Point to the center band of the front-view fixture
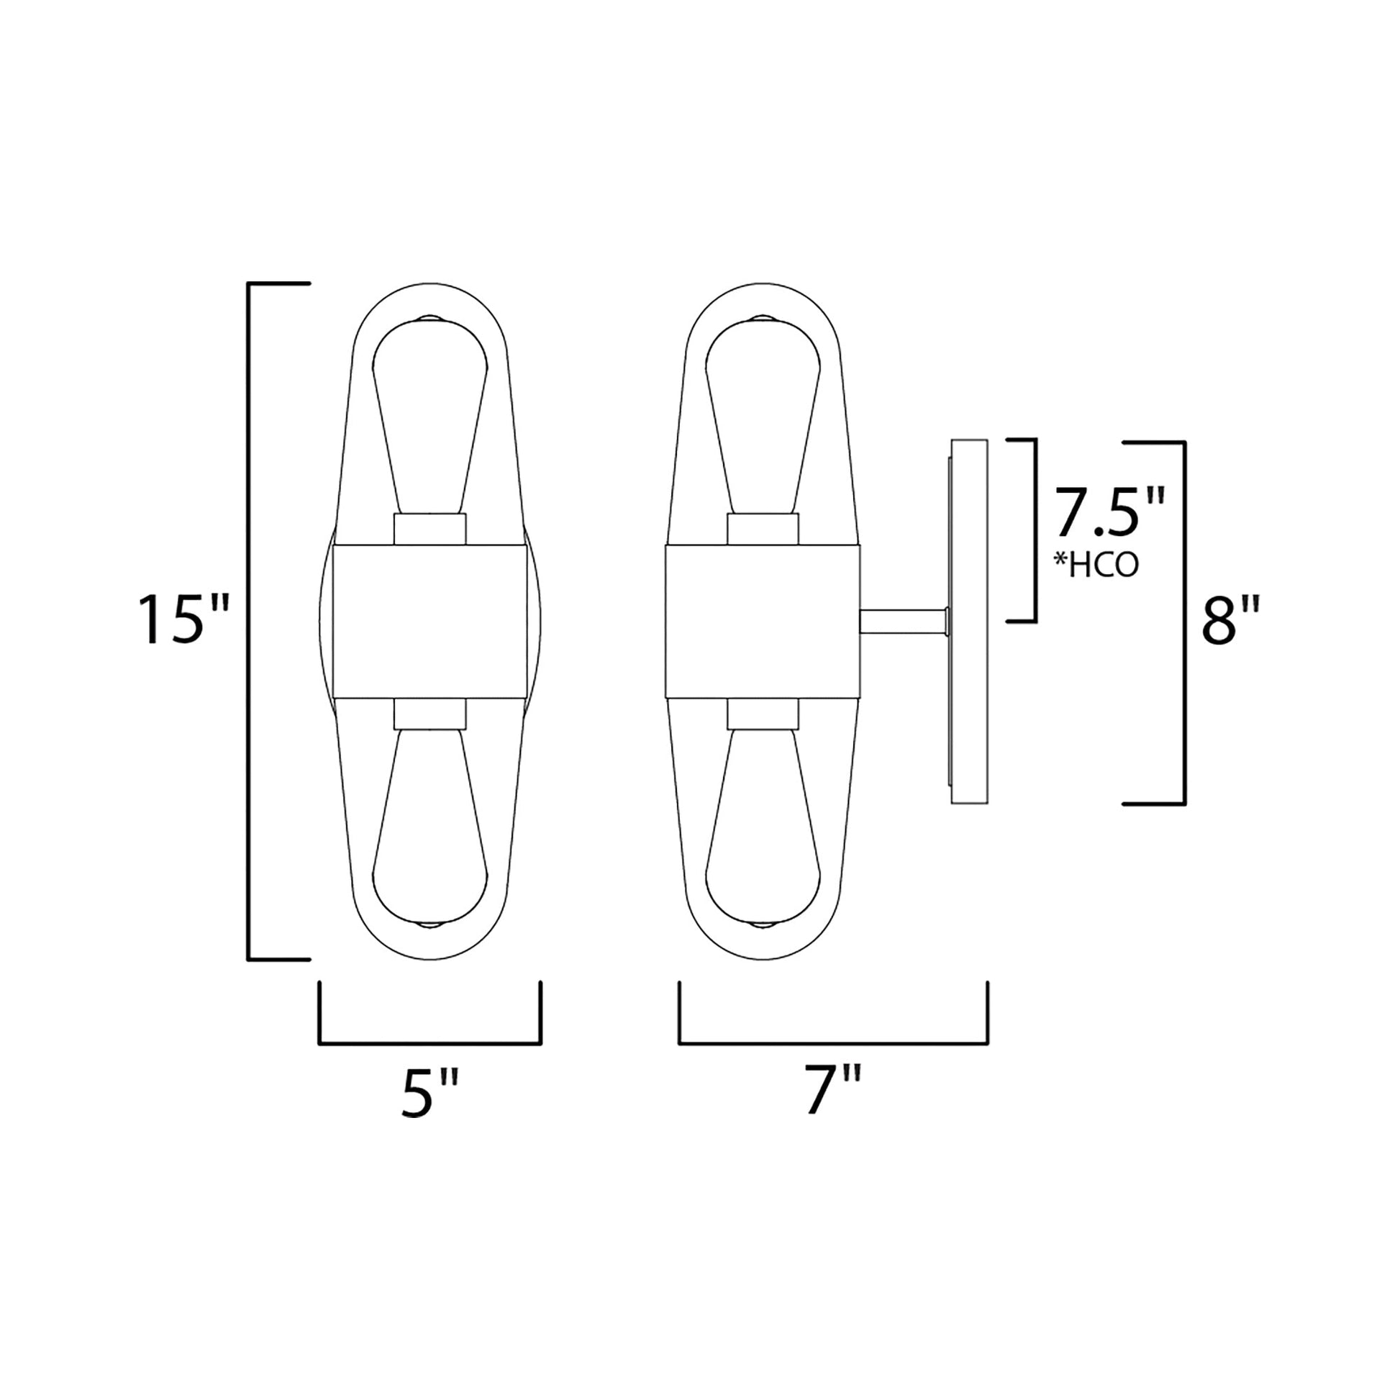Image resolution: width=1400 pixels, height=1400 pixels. (429, 620)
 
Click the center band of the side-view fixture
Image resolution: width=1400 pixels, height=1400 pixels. (763, 620)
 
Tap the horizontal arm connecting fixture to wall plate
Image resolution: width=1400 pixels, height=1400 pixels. (902, 621)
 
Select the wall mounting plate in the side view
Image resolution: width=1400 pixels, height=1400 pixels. (970, 620)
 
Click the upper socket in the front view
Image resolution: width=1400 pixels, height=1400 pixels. (429, 529)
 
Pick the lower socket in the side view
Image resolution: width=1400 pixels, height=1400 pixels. (763, 713)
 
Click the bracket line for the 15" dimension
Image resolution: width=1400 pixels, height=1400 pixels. (249, 620)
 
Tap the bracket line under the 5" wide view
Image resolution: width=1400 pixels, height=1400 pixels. (429, 1043)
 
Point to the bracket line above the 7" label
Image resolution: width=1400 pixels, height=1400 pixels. (833, 1043)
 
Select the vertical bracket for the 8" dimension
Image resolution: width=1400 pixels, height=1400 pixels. (1185, 622)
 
